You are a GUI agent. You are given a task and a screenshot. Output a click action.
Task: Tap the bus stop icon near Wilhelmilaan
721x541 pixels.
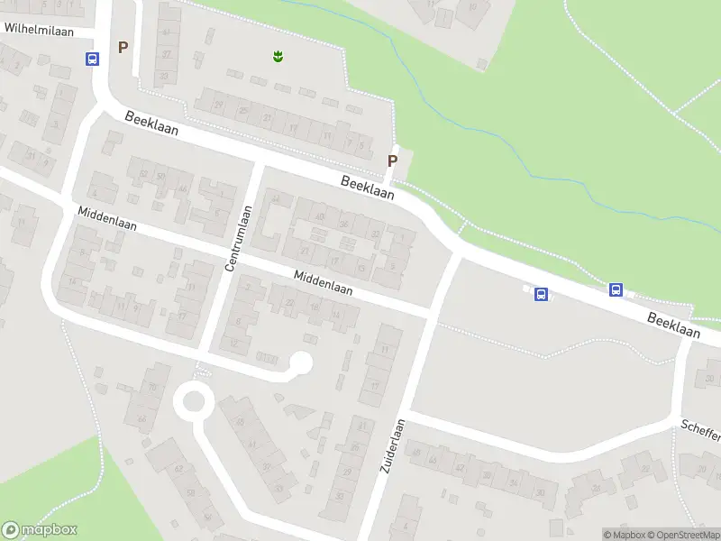tap(92, 60)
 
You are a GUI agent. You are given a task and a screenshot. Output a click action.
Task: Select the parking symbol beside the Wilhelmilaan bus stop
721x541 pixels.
tap(123, 47)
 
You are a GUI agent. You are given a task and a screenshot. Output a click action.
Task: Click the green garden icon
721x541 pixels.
tap(278, 57)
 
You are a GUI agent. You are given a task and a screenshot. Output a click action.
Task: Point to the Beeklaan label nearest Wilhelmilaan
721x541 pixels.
tap(151, 124)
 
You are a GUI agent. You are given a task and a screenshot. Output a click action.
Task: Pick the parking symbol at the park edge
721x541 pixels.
tap(392, 160)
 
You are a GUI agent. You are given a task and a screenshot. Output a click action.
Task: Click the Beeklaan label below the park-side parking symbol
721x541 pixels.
tap(367, 188)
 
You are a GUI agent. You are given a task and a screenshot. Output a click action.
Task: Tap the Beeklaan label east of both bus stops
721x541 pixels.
tap(673, 326)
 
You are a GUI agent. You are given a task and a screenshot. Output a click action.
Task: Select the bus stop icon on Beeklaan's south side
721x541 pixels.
tap(541, 294)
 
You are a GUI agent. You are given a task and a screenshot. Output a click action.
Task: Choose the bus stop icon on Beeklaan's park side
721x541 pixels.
tap(616, 289)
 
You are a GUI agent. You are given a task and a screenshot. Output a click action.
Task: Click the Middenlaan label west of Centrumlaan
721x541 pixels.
tap(107, 219)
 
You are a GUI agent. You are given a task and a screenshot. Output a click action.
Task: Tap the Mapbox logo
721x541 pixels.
tap(40, 530)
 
